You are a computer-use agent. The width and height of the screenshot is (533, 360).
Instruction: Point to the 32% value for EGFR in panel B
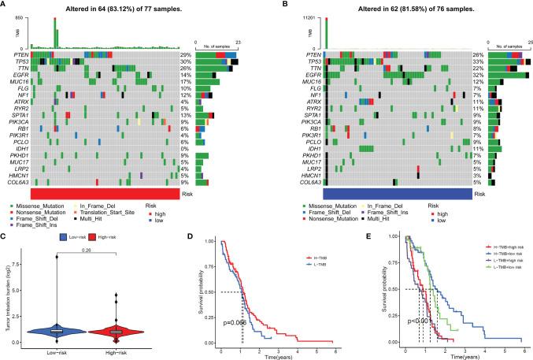click(x=476, y=74)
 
